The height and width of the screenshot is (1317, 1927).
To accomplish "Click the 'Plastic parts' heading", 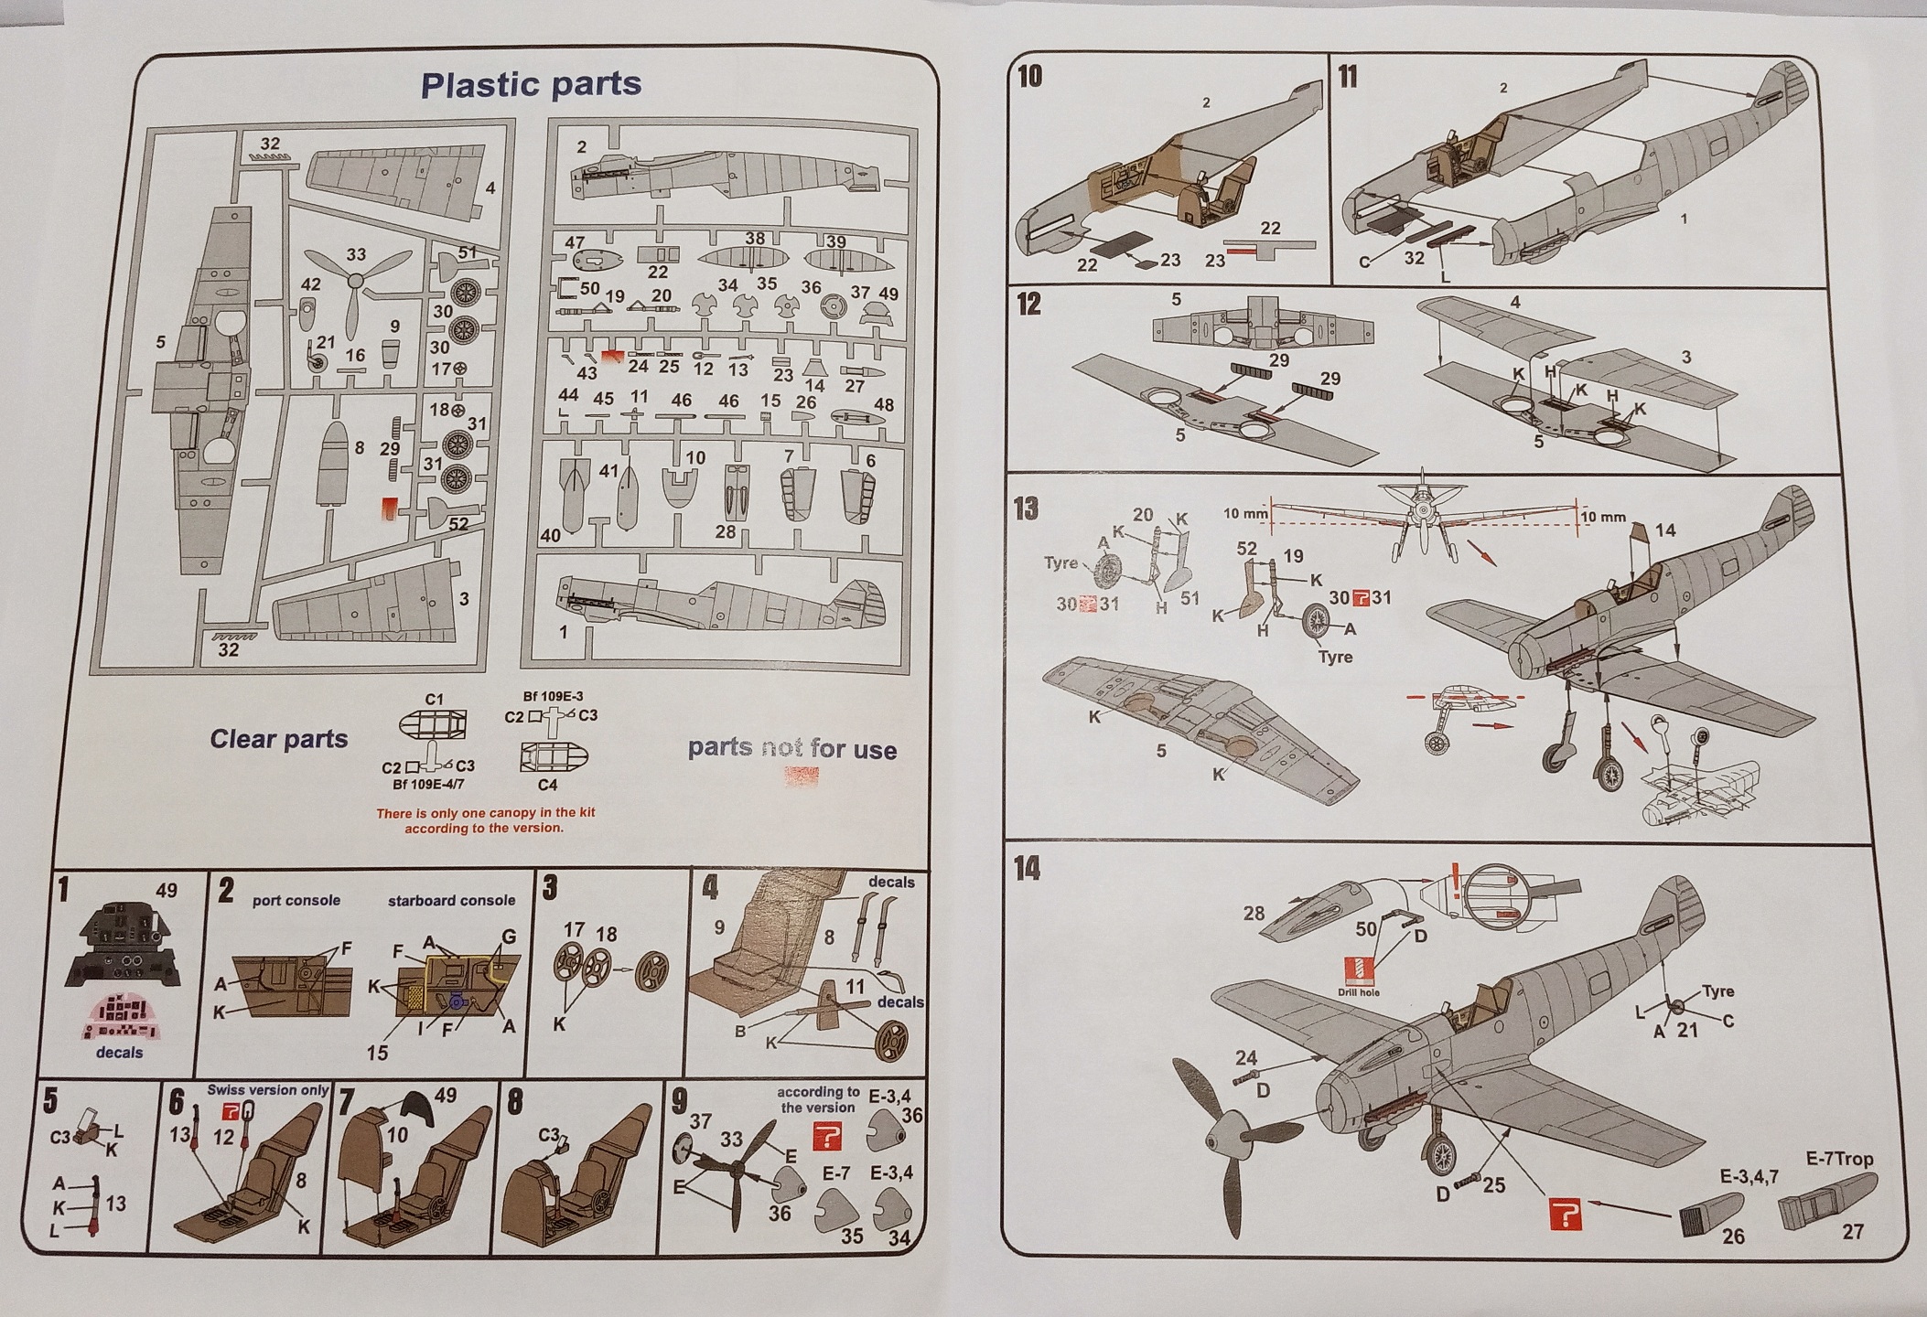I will [x=531, y=84].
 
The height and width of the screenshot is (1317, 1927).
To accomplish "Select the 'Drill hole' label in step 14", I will [x=1358, y=992].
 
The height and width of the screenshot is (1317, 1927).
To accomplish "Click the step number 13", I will [x=1026, y=508].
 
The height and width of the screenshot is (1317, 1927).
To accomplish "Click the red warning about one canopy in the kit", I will [x=485, y=820].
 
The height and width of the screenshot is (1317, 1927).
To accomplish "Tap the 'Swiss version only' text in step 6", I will [x=267, y=1089].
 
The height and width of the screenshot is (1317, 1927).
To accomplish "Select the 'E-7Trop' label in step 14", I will [x=1840, y=1159].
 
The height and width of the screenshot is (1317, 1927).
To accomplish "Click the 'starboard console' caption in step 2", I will [x=451, y=901].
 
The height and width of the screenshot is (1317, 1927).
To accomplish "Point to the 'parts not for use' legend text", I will [x=791, y=749].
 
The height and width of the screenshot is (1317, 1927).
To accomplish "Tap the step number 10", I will [x=1029, y=76].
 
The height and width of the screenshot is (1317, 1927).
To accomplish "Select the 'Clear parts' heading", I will [x=279, y=739].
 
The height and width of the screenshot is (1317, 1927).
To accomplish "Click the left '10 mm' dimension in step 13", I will [x=1245, y=514].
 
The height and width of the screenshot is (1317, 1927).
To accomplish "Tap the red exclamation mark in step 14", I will [x=1453, y=875].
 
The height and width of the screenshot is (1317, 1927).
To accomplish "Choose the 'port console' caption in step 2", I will [x=296, y=901].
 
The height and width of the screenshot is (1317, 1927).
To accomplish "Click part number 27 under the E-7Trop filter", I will [x=1853, y=1232].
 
